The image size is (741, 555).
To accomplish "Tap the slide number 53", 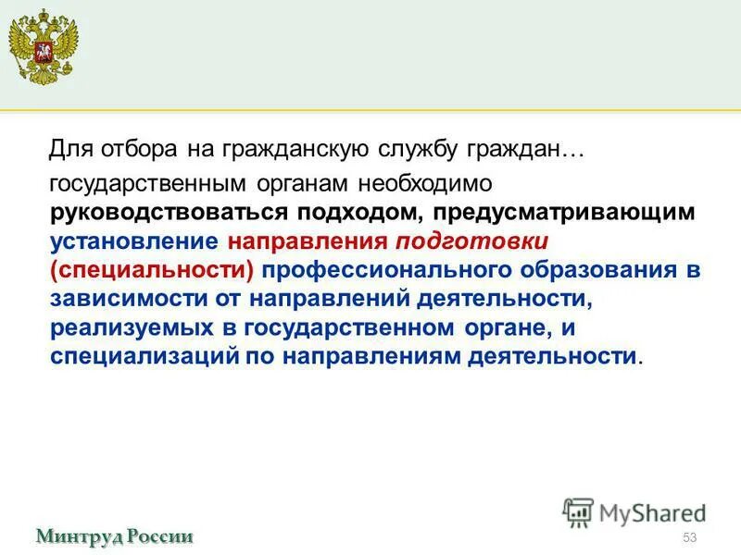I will pos(688,538).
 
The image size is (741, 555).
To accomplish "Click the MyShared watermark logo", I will pos(634,512).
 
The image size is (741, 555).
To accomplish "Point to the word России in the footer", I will pos(158,536).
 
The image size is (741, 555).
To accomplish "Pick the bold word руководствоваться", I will pos(170,213).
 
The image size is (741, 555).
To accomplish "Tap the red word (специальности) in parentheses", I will pos(155,270).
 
